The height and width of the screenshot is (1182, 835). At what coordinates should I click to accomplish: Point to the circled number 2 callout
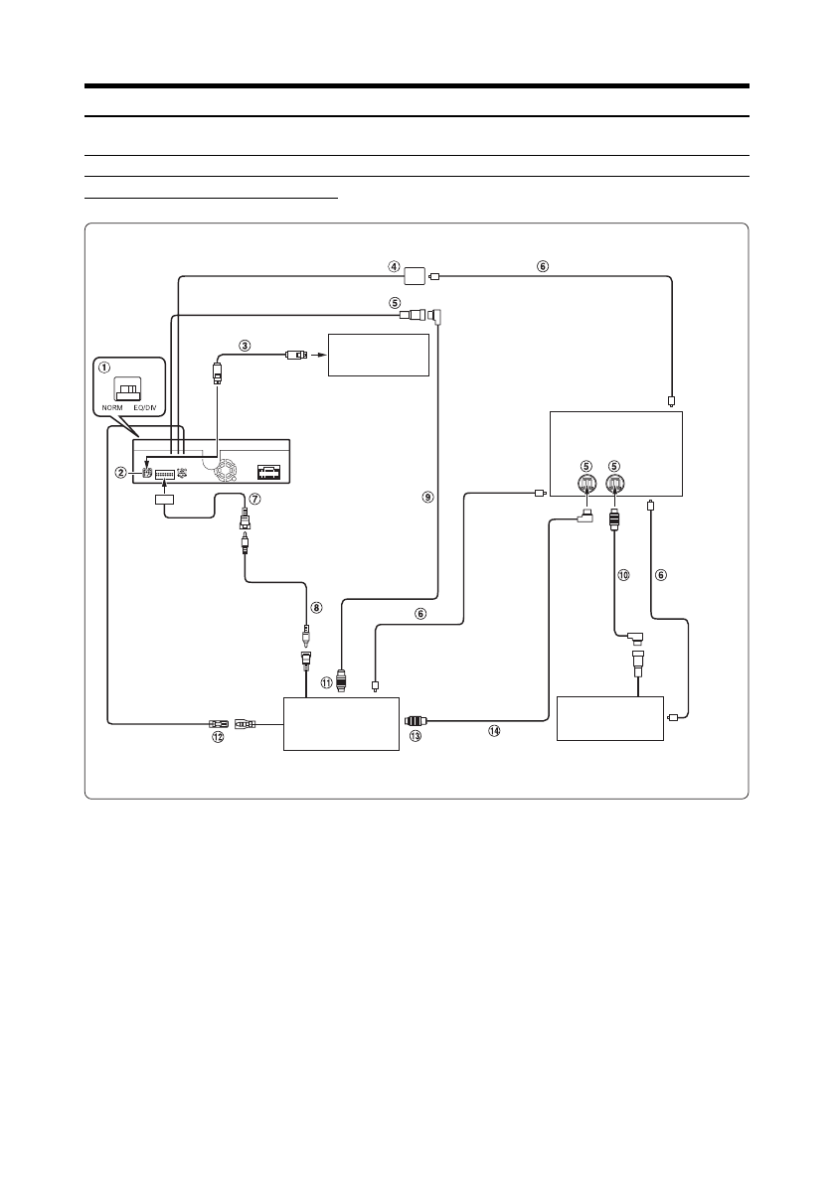click(x=121, y=472)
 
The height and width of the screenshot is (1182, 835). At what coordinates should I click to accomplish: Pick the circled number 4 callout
click(x=394, y=266)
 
